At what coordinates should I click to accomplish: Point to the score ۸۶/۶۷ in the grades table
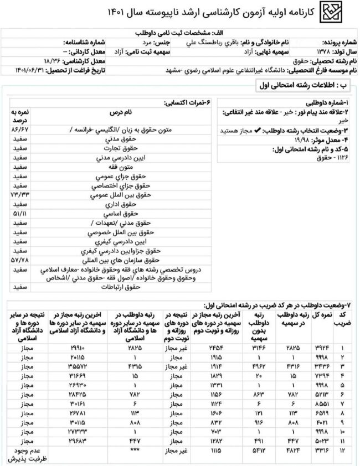tap(19, 129)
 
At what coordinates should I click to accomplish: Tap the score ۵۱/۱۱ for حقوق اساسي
tap(19, 214)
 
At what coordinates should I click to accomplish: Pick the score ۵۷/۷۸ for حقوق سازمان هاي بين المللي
tap(19, 258)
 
